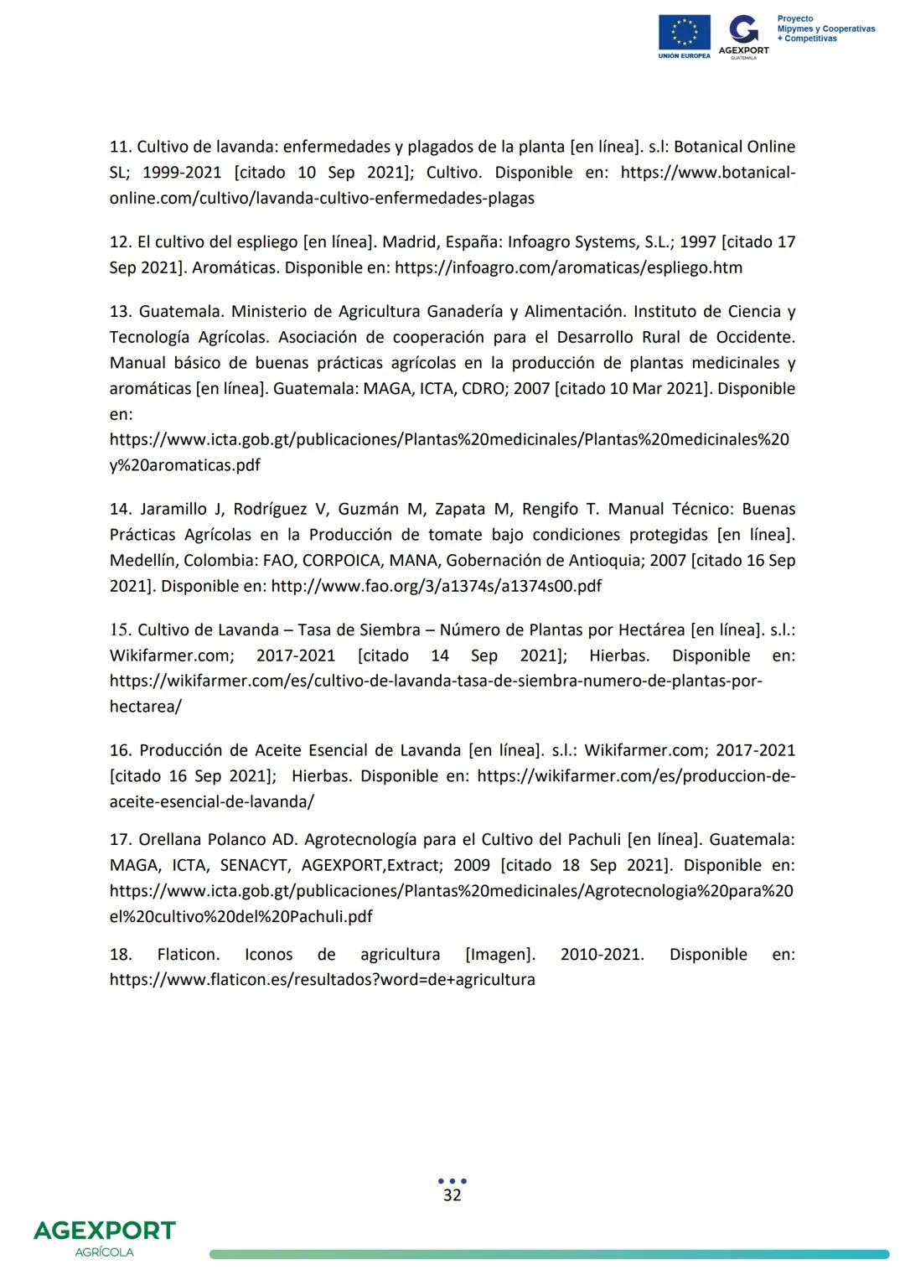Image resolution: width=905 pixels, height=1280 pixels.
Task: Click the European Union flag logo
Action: [684, 33]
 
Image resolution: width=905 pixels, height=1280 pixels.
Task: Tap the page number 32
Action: [452, 1195]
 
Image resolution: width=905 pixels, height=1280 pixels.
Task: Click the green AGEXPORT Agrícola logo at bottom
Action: [104, 1237]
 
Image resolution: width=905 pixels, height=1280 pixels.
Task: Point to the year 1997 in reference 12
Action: [697, 242]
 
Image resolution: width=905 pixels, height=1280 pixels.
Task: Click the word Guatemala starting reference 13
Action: [179, 312]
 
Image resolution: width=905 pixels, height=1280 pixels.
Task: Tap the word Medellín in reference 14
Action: [142, 561]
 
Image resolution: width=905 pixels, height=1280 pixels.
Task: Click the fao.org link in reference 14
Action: [436, 587]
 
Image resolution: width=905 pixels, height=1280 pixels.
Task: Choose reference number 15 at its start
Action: [120, 630]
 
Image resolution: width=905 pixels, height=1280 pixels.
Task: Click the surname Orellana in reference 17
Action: [170, 840]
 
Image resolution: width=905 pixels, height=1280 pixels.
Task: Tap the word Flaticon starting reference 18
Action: [188, 955]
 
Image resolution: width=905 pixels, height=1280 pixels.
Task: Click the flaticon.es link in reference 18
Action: [322, 980]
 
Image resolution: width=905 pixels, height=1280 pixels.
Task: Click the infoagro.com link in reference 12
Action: [567, 268]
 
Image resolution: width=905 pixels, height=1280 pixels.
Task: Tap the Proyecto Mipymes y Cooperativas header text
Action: [825, 29]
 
